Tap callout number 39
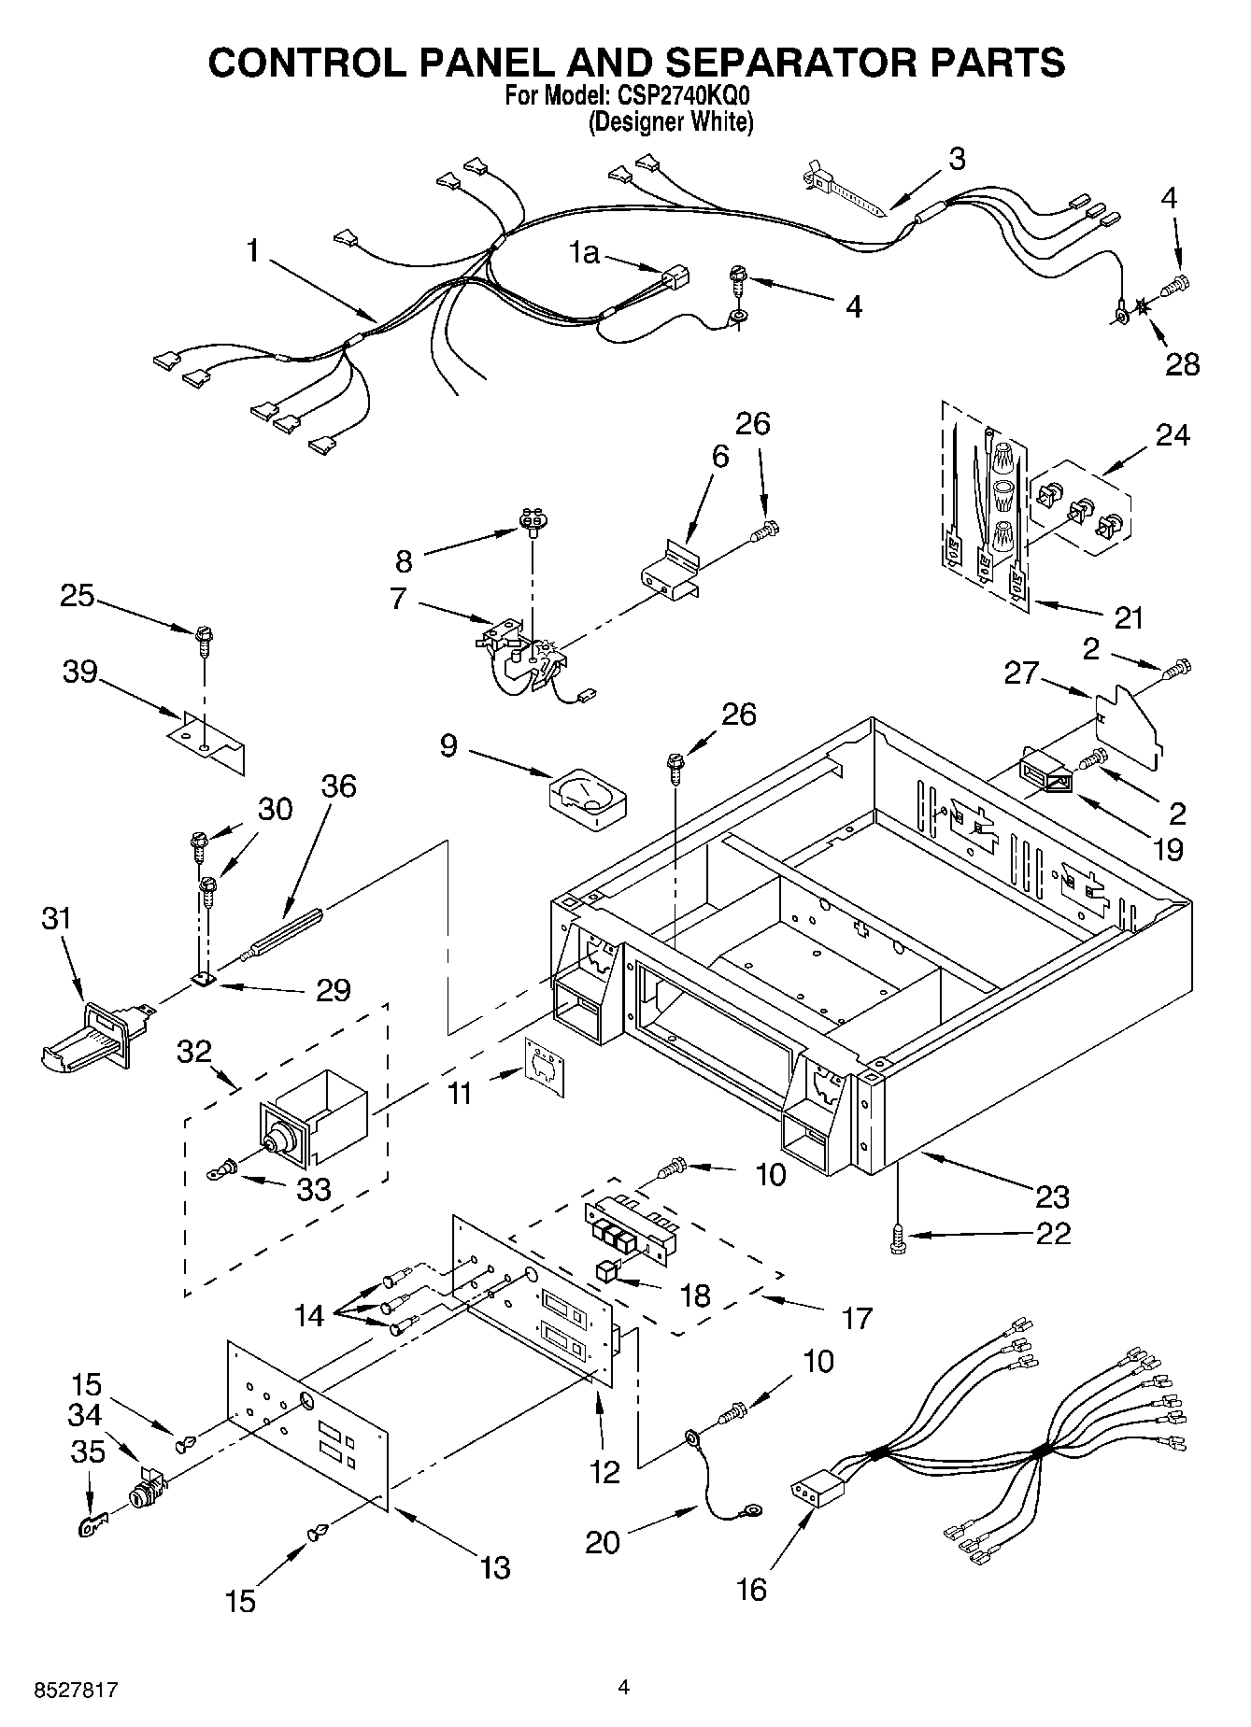coord(80,672)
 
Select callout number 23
coord(1051,1196)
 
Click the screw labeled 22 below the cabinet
coord(898,1238)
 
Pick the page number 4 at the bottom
coord(624,1687)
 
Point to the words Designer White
coord(670,121)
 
